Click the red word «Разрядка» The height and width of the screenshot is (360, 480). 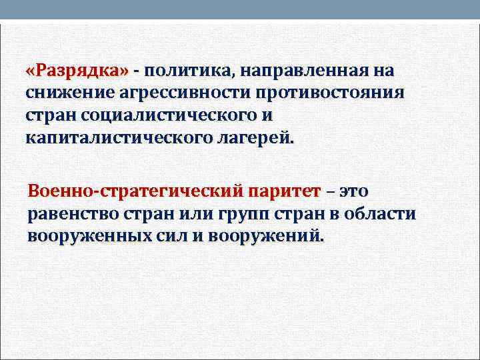(79, 70)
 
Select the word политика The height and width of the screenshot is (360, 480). (185, 70)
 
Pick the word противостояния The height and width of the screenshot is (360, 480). (328, 93)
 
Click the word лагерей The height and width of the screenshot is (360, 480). (259, 138)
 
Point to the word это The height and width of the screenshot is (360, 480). (353, 191)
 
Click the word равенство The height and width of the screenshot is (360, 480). (71, 214)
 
